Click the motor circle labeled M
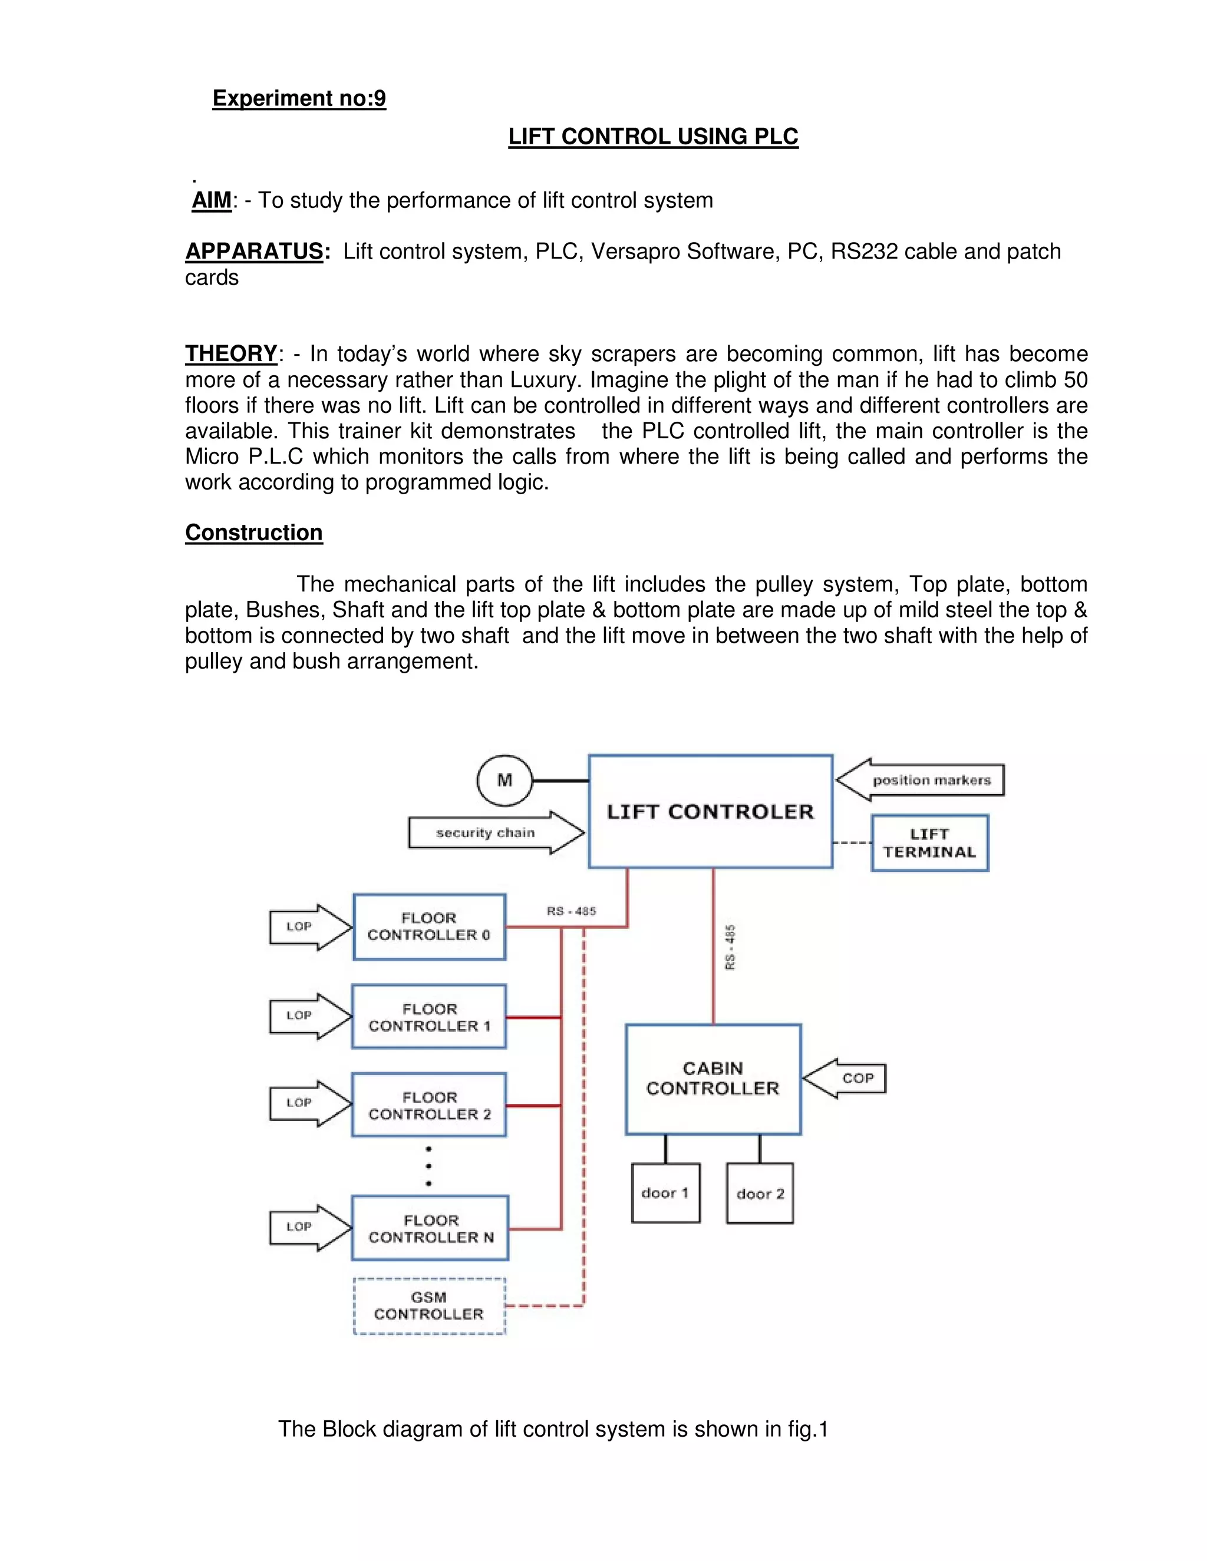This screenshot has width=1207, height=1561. pyautogui.click(x=505, y=780)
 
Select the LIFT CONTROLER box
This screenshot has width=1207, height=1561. pyautogui.click(x=710, y=812)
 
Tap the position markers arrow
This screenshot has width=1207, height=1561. pyautogui.click(x=921, y=780)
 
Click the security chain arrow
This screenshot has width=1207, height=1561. pyautogui.click(x=496, y=833)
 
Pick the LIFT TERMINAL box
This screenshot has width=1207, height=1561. pyautogui.click(x=929, y=843)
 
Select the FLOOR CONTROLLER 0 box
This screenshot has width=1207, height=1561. pyautogui.click(x=429, y=927)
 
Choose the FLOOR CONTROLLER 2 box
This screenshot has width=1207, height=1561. pyautogui.click(x=429, y=1105)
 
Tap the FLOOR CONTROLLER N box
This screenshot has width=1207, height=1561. pyautogui.click(x=430, y=1228)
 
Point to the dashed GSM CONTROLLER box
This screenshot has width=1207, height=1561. pyautogui.click(x=429, y=1305)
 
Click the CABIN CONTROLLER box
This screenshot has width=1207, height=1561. pyautogui.click(x=713, y=1079)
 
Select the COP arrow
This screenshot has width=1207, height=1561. pyautogui.click(x=846, y=1079)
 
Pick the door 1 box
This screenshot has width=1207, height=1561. pyautogui.click(x=665, y=1193)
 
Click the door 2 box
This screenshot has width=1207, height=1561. pyautogui.click(x=759, y=1193)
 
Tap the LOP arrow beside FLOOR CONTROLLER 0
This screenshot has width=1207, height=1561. pyautogui.click(x=309, y=927)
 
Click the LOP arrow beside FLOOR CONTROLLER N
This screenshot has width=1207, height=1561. pyautogui.click(x=309, y=1227)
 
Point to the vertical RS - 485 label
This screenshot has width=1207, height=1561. pyautogui.click(x=730, y=947)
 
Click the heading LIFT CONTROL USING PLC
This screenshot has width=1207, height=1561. pyautogui.click(x=653, y=137)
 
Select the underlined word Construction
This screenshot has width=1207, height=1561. pyautogui.click(x=254, y=533)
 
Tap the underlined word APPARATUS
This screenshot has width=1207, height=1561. pyautogui.click(x=254, y=252)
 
